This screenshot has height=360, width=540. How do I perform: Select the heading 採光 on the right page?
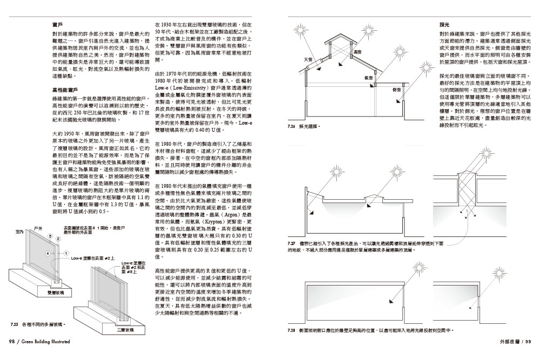point(444,25)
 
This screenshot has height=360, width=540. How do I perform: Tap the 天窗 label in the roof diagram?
point(309,59)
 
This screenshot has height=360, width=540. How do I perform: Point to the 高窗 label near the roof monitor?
point(357,52)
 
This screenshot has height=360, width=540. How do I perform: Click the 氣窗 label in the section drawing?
point(369,79)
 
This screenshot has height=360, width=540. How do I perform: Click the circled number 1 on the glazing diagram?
point(66,253)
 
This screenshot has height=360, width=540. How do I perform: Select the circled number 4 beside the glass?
point(48,253)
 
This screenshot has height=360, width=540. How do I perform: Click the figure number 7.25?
point(15,325)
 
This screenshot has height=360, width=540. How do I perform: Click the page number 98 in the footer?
point(11,341)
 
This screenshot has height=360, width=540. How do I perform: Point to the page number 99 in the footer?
point(529,341)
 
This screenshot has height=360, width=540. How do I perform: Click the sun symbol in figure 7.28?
point(421,268)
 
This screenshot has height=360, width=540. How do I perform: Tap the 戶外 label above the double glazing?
point(38,229)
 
